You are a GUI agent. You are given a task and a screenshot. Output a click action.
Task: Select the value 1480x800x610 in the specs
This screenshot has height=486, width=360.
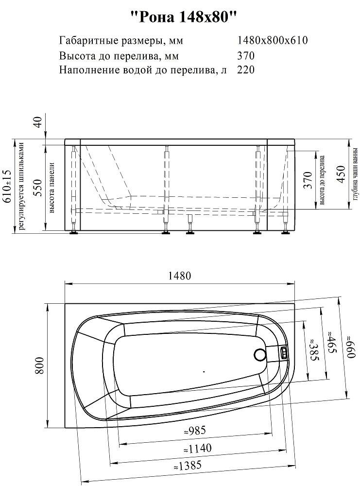pos(272,40)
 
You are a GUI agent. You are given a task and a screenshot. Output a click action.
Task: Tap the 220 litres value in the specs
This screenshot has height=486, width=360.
pos(246,70)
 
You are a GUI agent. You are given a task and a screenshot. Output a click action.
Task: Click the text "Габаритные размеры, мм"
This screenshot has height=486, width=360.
pos(121,40)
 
